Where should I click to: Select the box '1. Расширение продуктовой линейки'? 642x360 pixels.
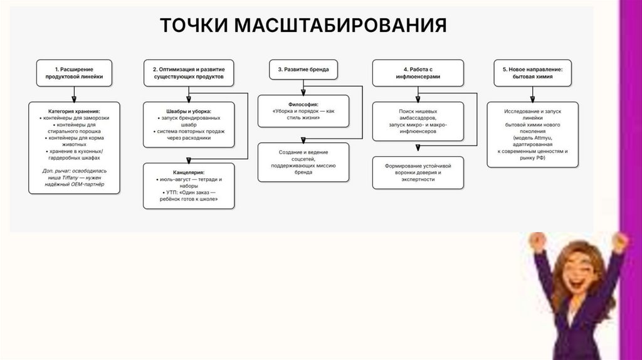click(x=74, y=73)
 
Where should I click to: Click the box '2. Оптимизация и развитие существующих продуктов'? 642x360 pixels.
click(x=188, y=73)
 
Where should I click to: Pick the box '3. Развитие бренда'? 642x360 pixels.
click(x=303, y=70)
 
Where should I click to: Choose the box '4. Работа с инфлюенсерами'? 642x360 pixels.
click(x=418, y=73)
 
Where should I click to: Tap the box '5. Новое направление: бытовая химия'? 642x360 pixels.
click(x=532, y=73)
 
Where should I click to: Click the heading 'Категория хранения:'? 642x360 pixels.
click(x=74, y=110)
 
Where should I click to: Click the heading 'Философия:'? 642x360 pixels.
click(x=303, y=104)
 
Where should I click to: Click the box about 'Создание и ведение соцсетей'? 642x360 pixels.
click(x=303, y=161)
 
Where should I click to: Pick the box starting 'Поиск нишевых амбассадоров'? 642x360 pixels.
click(x=418, y=121)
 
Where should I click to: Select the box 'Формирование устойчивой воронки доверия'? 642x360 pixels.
click(x=418, y=173)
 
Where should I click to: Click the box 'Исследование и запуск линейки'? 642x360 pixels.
click(x=532, y=134)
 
